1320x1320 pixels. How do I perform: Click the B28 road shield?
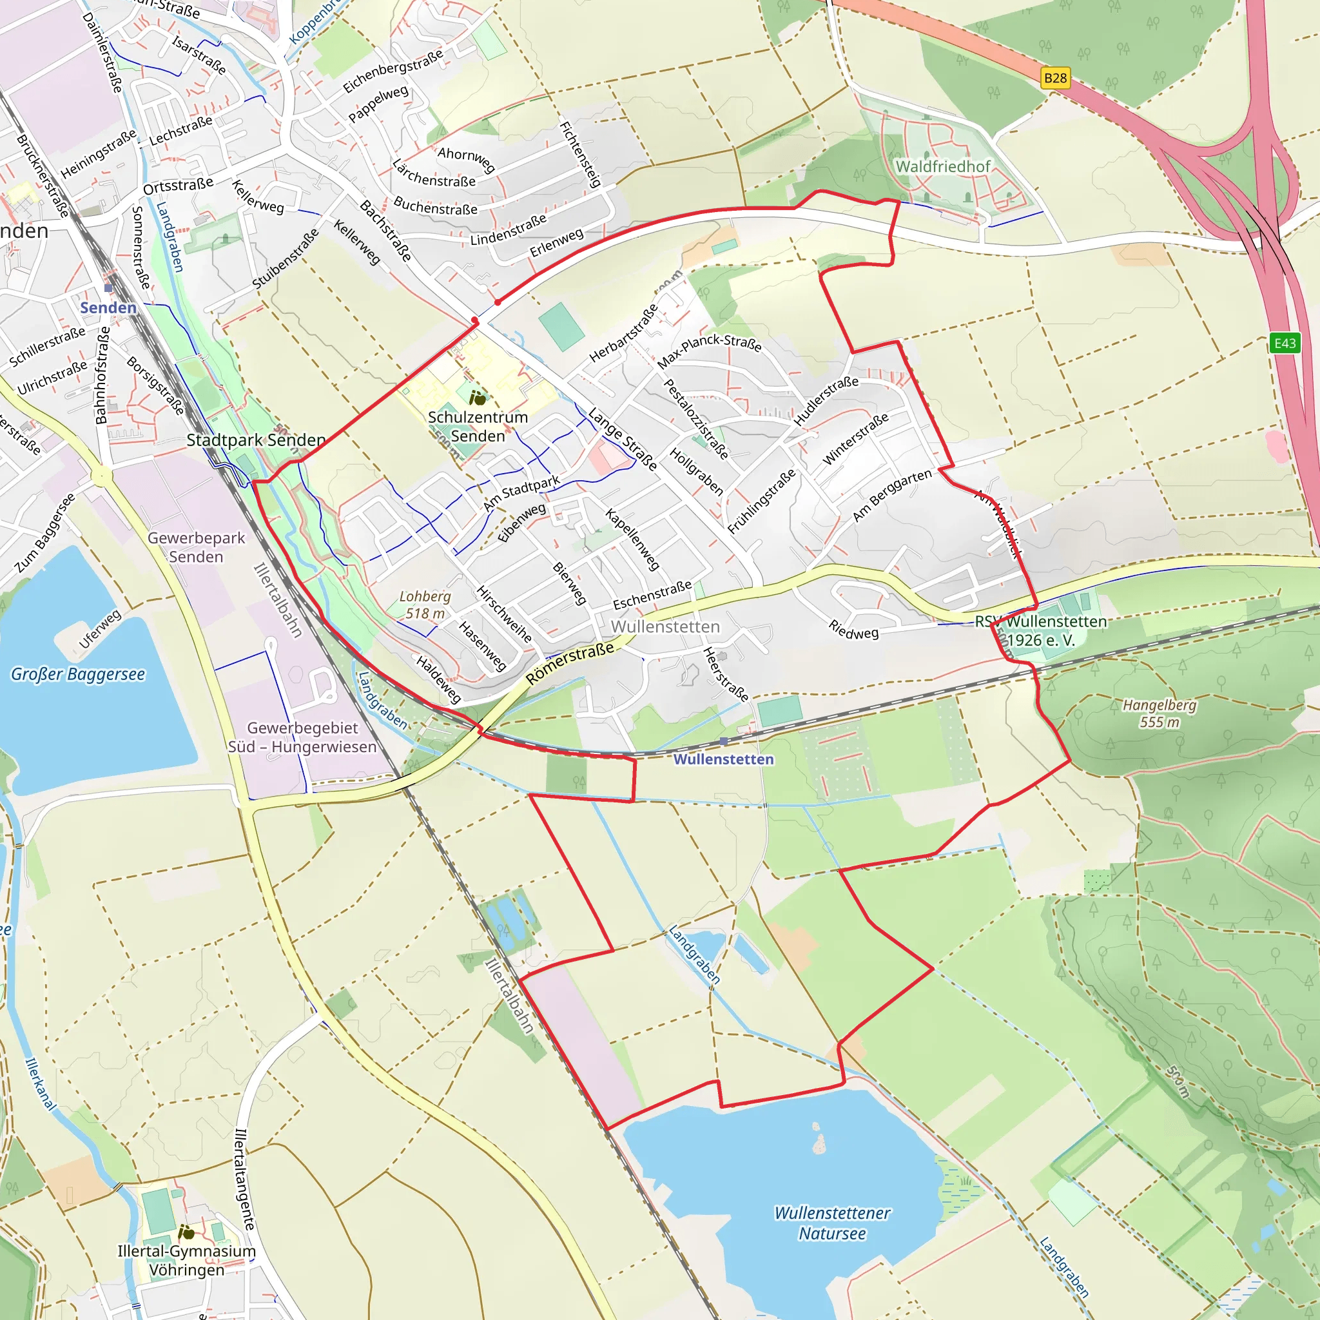1055,78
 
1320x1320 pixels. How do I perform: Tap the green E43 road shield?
1285,343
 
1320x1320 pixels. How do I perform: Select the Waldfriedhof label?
943,166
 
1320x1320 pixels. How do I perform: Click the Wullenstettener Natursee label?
832,1223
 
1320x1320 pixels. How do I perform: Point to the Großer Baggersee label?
78,674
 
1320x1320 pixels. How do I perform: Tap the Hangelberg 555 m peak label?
1160,713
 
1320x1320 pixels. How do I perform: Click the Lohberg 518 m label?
425,605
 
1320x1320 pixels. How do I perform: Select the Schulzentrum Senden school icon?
478,398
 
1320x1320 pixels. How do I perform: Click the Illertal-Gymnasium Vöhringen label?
186,1261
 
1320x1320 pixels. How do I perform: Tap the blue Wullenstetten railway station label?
724,759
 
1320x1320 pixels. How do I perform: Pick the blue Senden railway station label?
108,307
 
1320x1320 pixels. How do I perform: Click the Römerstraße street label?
570,662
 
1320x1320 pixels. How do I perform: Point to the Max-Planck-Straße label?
709,350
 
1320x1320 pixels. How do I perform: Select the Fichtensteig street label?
580,155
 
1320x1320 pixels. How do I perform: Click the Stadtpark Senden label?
257,440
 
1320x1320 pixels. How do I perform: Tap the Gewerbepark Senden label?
196,547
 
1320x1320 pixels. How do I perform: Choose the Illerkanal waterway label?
39,1083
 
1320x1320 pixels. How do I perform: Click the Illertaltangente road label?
244,1179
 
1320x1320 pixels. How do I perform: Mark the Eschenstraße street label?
652,595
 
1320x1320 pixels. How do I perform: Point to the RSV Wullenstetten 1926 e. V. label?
1040,630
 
